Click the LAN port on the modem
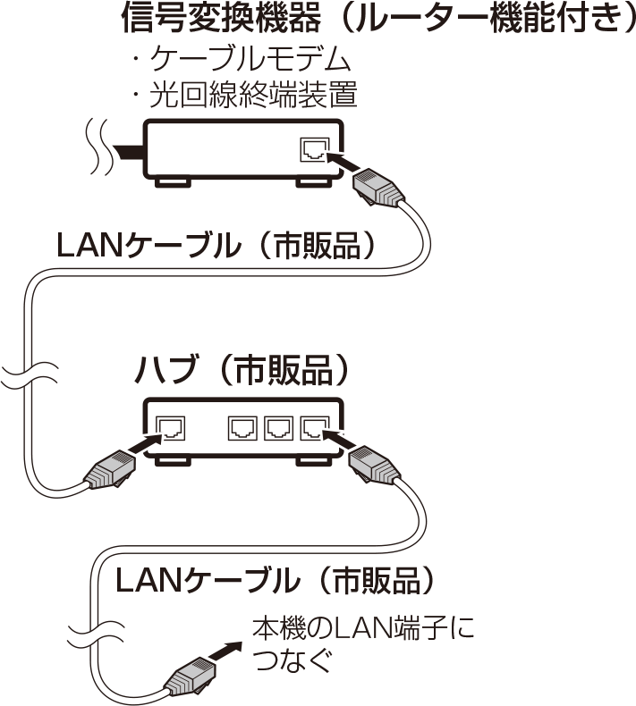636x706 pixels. [315, 150]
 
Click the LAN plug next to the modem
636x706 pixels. [377, 188]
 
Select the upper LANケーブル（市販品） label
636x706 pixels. [216, 246]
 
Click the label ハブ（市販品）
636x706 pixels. [242, 370]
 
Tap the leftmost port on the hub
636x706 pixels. [170, 428]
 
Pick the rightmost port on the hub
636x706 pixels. [315, 428]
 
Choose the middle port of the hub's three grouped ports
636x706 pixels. [278, 428]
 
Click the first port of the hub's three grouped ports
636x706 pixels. [242, 428]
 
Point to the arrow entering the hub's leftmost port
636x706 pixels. [146, 443]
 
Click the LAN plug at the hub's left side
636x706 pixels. [110, 468]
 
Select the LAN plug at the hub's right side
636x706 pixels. [374, 466]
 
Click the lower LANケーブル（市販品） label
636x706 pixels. [275, 580]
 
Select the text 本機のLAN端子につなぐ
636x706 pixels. [363, 645]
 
